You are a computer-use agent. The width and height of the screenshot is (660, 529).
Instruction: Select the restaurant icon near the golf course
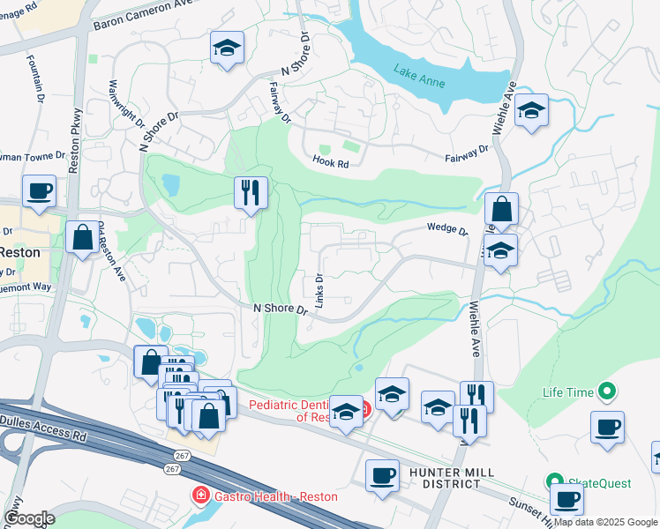click(251, 191)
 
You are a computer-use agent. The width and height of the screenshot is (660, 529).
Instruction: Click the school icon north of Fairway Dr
click(227, 48)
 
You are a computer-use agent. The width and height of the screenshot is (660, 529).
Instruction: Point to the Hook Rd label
click(331, 162)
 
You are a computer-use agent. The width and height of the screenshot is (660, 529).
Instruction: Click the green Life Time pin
click(606, 390)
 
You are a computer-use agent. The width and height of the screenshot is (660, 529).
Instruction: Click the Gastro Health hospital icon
click(201, 496)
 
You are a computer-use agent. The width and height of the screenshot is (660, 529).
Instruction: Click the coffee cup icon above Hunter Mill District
click(382, 476)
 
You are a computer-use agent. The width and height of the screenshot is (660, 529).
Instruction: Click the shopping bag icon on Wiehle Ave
click(501, 210)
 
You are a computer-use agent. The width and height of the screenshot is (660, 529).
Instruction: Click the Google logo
click(28, 518)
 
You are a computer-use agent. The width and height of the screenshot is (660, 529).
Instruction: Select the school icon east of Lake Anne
click(531, 111)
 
